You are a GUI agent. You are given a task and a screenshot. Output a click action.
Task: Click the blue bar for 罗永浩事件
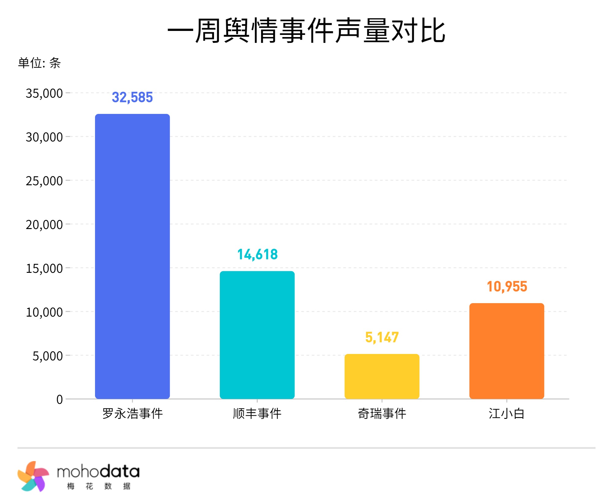point(132,257)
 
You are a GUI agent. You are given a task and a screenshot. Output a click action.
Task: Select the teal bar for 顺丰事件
point(257,335)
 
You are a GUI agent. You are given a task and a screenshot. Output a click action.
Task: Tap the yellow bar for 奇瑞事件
point(382,376)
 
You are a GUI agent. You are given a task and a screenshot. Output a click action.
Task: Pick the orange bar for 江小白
point(507,351)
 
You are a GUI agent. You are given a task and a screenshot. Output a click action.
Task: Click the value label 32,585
point(132,97)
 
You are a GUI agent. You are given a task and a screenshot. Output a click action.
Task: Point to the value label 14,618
point(257,254)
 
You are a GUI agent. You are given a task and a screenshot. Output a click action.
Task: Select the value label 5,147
point(382,337)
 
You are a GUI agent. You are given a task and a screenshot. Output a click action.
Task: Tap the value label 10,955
point(507,287)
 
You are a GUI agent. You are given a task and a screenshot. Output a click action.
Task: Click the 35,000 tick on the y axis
point(44,93)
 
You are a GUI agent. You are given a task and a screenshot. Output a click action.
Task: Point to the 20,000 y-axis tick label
point(44,225)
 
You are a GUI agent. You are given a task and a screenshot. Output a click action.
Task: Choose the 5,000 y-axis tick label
point(48,356)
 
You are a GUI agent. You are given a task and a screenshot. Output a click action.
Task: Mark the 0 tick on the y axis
point(59,400)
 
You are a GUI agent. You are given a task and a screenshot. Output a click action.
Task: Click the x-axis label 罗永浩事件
point(132,414)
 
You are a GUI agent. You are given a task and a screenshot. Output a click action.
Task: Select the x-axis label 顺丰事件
point(257,414)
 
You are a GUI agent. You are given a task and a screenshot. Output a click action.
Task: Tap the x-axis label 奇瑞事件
point(382,414)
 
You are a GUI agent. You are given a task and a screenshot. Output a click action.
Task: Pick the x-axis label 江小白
point(507,414)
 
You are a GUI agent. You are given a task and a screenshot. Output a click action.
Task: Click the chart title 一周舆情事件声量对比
point(306,31)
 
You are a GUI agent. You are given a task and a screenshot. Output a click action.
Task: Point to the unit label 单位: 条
point(40,63)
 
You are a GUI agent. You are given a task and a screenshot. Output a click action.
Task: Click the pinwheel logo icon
point(33,476)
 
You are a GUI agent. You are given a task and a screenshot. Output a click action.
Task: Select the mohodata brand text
point(98,472)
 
